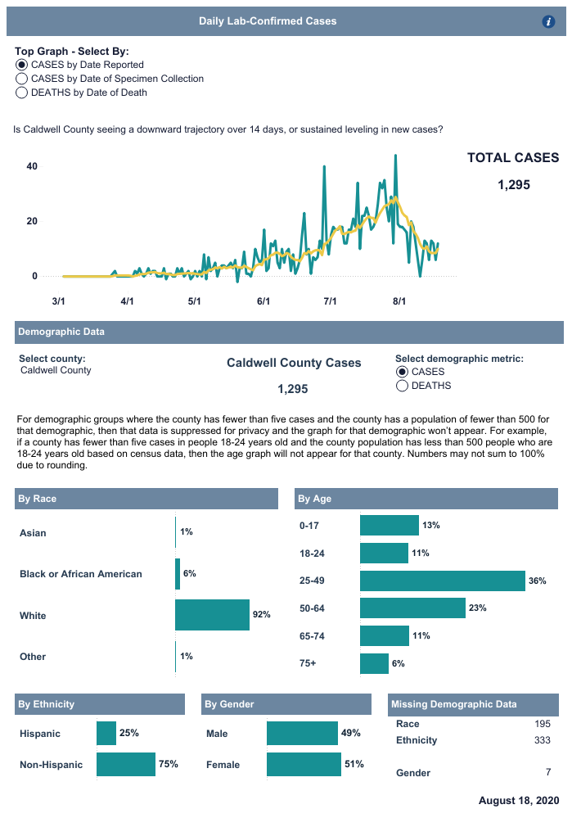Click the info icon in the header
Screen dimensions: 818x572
[x=549, y=21]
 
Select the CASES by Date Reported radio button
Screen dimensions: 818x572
[x=21, y=65]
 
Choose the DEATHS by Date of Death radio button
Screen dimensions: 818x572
[x=21, y=93]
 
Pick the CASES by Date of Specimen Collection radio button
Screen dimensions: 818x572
[x=21, y=79]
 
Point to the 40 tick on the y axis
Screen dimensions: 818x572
[x=33, y=166]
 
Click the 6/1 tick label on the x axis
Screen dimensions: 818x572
[x=263, y=301]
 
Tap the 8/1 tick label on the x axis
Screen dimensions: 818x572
[x=399, y=301]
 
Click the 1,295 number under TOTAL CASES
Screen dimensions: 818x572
[x=514, y=185]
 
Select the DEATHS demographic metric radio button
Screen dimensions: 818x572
[x=402, y=386]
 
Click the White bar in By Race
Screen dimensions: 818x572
[x=212, y=615]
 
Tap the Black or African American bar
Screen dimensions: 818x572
[x=178, y=574]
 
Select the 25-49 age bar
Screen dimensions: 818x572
[x=442, y=581]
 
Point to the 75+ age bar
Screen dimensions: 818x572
[x=374, y=663]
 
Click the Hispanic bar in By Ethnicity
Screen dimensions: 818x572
[x=106, y=734]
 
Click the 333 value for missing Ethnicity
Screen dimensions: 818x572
[x=541, y=740]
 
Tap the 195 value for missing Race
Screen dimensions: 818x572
[x=541, y=724]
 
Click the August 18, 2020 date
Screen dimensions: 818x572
[x=519, y=799]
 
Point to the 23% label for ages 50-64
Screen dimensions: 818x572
[x=478, y=608]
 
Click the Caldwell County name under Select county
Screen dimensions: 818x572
[x=56, y=370]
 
